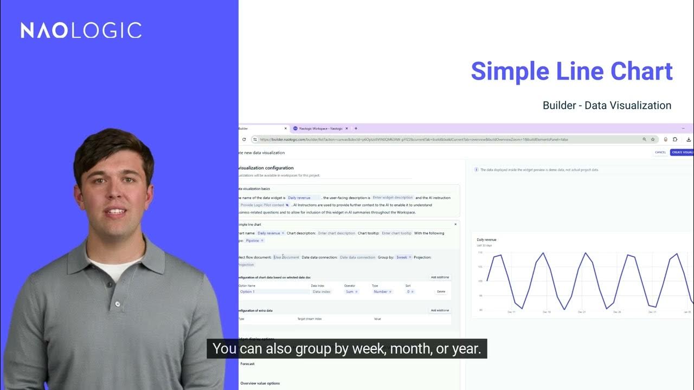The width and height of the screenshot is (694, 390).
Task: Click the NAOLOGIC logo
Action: (x=81, y=30)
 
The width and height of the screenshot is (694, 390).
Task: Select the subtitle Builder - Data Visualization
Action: (x=607, y=106)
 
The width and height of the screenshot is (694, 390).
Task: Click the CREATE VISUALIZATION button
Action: (x=682, y=152)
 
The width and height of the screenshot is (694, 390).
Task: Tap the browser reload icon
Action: (x=244, y=139)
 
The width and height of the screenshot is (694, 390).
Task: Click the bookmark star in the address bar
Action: (x=653, y=139)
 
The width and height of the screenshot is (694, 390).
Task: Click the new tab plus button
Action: (x=356, y=128)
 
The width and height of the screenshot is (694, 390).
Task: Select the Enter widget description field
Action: (x=393, y=198)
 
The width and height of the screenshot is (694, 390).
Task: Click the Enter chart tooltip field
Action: (x=396, y=233)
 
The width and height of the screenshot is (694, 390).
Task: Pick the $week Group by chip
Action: (x=403, y=257)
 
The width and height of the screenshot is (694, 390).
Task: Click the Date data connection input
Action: (x=357, y=257)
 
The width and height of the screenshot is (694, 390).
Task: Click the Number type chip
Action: (x=382, y=291)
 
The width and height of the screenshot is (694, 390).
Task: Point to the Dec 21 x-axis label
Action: (x=582, y=312)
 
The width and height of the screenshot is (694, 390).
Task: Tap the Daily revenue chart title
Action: (x=486, y=239)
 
